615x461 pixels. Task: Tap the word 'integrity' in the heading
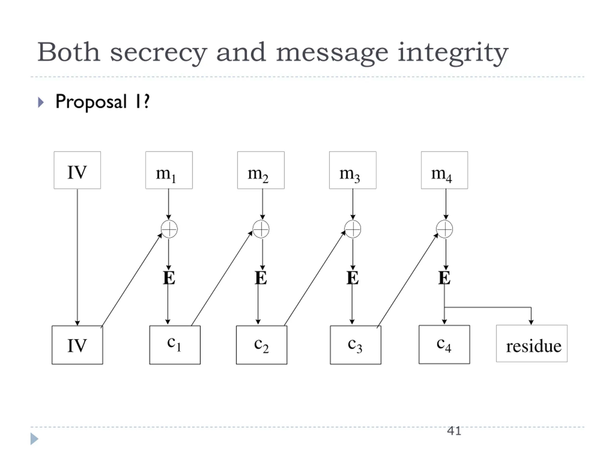click(x=453, y=53)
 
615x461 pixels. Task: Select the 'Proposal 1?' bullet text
click(x=103, y=102)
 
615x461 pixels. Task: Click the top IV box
click(x=77, y=170)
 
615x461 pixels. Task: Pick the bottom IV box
click(x=77, y=345)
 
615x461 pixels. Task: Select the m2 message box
click(x=261, y=170)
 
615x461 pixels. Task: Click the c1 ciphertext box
click(x=175, y=345)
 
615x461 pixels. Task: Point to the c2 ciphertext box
click(x=262, y=345)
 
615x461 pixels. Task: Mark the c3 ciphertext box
click(x=356, y=345)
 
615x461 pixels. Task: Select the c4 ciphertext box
click(x=444, y=345)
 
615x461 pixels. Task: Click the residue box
click(x=532, y=343)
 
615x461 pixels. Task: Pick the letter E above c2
click(x=261, y=278)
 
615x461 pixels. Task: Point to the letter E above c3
click(x=352, y=278)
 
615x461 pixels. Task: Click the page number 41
click(x=454, y=431)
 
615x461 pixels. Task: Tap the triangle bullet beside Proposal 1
click(x=41, y=102)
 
